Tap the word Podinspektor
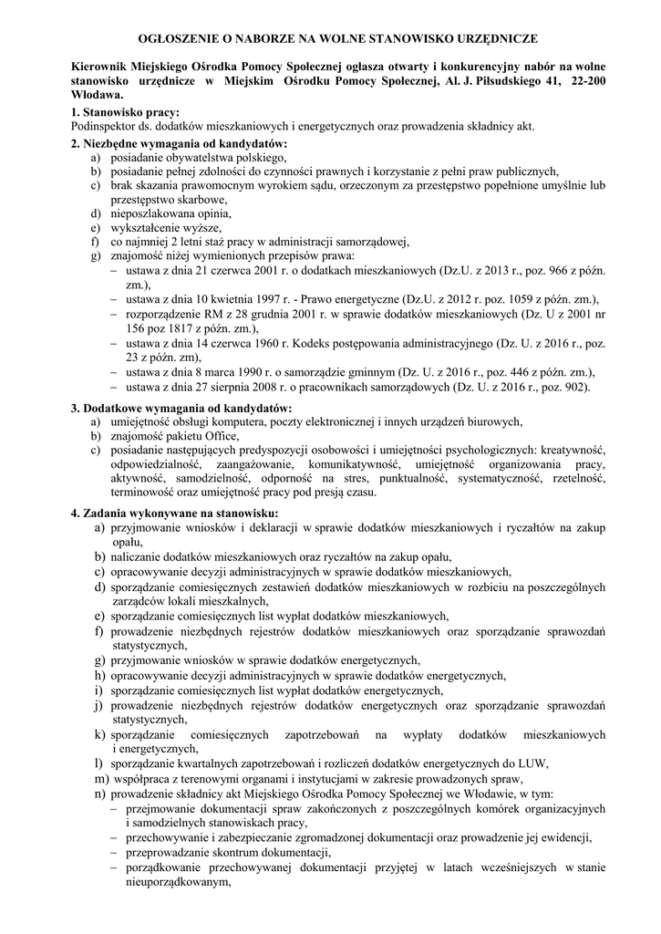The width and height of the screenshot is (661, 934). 103,126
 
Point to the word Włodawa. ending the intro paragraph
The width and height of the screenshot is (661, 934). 96,95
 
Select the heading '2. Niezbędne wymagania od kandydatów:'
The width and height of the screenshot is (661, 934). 178,144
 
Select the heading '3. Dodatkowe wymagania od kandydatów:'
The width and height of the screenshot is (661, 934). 181,407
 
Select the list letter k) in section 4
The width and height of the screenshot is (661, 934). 100,734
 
